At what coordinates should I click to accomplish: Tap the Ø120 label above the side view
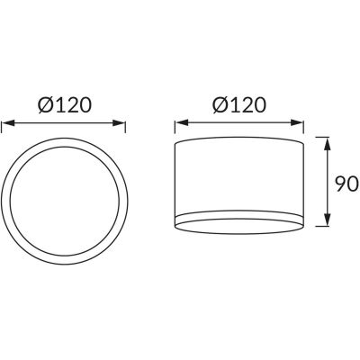click(238, 105)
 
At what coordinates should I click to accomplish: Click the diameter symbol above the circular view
click(45, 105)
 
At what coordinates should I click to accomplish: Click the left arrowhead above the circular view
click(8, 123)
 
